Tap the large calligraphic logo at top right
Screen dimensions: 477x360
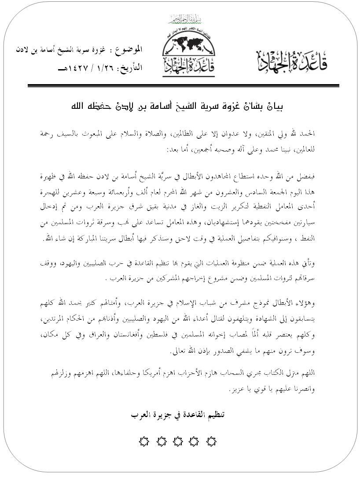tap(292, 60)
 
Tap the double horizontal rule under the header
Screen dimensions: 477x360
tap(183, 85)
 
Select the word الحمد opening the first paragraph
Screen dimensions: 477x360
tap(310, 133)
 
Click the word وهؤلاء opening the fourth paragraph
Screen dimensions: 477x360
tap(305, 304)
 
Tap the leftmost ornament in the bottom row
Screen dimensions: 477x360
tap(144, 441)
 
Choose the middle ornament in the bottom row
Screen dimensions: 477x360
tap(178, 441)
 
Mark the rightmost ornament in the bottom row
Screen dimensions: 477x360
tap(212, 441)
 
